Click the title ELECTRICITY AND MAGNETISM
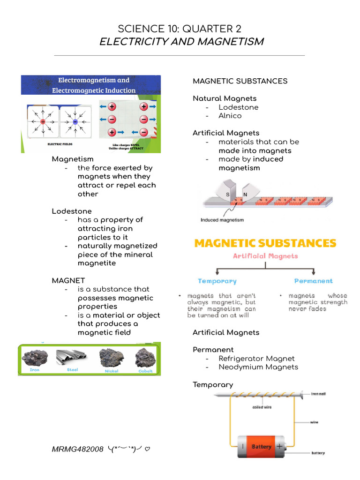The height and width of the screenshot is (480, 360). tap(181, 42)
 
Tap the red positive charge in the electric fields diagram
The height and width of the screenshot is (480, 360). tap(43, 121)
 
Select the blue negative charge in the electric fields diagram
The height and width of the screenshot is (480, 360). tap(75, 121)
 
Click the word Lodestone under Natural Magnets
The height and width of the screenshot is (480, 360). tap(238, 107)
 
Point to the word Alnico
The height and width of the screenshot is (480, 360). tap(230, 116)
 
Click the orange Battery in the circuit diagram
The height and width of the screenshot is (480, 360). tap(261, 447)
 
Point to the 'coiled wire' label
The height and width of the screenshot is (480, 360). tap(262, 407)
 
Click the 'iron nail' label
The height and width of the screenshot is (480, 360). tap(318, 394)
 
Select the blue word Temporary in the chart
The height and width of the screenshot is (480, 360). tap(217, 281)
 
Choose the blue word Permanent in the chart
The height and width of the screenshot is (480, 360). tap(313, 281)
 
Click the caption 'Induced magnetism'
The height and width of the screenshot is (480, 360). tap(222, 220)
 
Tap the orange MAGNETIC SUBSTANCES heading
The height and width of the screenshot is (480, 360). tap(265, 243)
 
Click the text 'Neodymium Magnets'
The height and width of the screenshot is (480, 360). tap(258, 367)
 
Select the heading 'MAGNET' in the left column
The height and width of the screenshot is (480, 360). tap(68, 281)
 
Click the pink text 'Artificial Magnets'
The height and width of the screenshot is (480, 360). tap(265, 256)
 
